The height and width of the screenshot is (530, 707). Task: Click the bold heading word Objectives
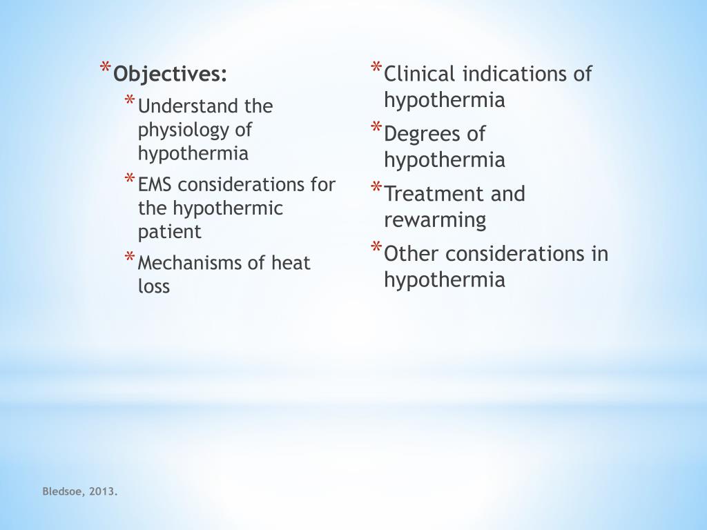170,74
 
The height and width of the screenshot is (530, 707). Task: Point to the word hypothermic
228,208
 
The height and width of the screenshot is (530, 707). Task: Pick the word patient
169,231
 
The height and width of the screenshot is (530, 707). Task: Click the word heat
291,263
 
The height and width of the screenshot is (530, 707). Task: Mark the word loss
153,286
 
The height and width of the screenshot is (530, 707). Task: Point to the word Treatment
434,194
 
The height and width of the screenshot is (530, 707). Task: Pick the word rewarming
435,221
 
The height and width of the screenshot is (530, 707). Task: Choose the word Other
411,254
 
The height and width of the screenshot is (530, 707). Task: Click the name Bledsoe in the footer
63,491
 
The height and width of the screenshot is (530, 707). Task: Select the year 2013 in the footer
104,491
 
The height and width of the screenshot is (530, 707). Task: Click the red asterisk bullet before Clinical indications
376,68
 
